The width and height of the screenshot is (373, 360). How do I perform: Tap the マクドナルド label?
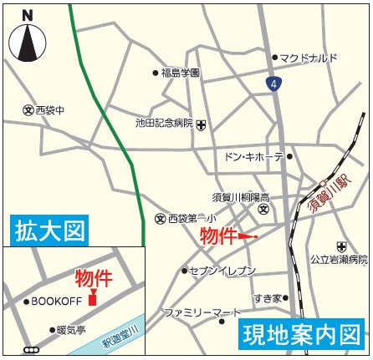(309, 58)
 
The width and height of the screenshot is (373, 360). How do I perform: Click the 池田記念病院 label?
(164, 122)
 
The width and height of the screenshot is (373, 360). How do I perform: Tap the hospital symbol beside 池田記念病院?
(202, 123)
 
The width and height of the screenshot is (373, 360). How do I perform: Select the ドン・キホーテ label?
(253, 156)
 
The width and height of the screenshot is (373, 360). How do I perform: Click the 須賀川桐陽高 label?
(240, 196)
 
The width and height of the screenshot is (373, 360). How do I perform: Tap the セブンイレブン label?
(222, 271)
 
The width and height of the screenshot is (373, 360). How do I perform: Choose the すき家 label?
(266, 297)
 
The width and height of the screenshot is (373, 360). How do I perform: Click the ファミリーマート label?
(197, 312)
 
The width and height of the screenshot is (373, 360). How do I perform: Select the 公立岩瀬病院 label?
(339, 260)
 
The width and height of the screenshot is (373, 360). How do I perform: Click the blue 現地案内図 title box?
(304, 335)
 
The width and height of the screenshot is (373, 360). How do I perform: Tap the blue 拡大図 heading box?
(49, 229)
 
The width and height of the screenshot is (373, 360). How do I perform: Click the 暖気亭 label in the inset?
(71, 330)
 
